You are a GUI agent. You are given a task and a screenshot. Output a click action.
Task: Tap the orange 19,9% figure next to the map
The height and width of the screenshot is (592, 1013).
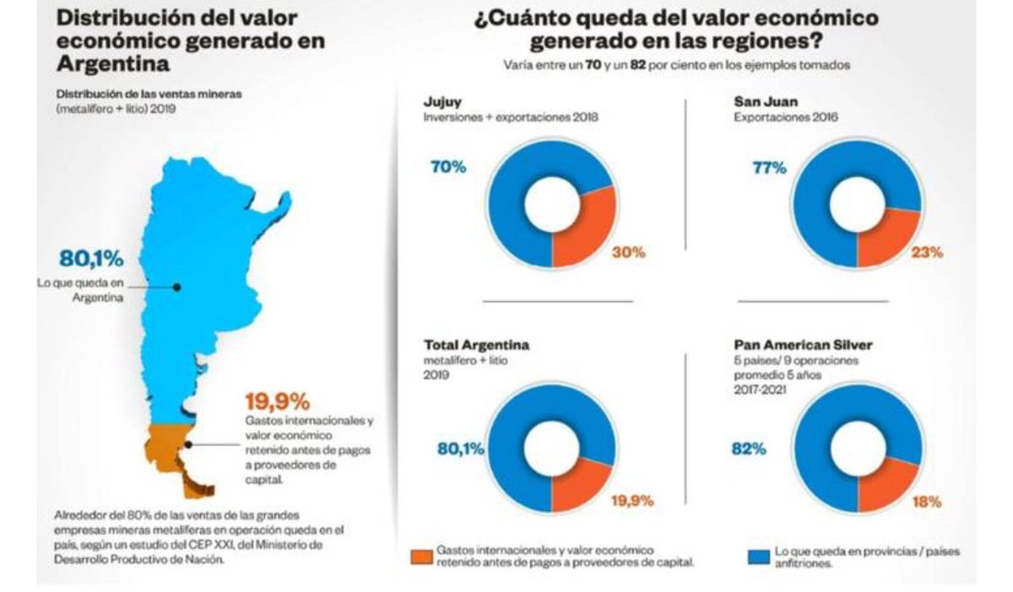277,400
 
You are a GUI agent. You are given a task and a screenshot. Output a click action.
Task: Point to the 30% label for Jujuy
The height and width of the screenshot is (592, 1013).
628,252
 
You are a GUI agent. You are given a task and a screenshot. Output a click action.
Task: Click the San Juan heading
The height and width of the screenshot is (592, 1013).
765,101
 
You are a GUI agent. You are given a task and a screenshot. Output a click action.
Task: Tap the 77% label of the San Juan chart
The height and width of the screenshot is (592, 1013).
769,167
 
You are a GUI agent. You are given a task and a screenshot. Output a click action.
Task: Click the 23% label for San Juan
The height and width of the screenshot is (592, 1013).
926,251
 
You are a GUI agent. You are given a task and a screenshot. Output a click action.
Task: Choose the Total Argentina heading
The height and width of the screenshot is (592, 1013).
476,346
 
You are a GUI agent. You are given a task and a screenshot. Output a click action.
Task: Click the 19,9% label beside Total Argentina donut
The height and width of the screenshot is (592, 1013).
632,500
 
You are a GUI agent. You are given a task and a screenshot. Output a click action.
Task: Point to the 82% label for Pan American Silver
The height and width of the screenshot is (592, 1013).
748,449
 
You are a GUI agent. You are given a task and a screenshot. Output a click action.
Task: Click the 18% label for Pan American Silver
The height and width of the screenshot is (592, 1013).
926,500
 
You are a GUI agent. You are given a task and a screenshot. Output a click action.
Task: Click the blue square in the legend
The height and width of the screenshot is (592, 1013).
757,556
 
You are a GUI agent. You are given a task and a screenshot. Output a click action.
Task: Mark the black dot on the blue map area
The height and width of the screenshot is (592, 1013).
177,287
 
